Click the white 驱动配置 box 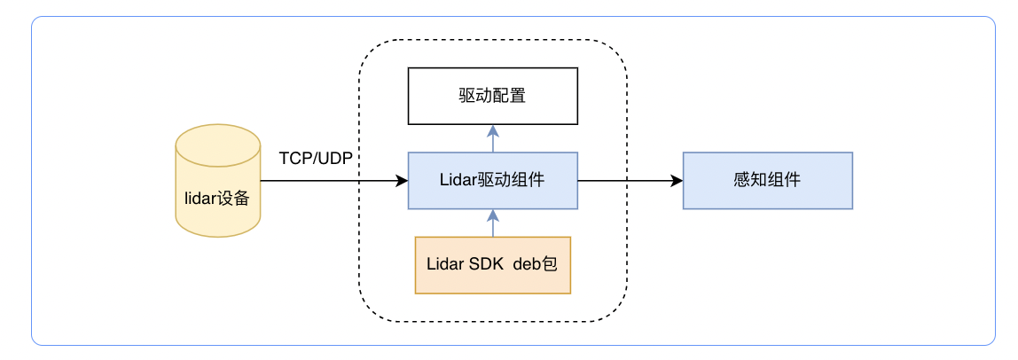[x=492, y=95]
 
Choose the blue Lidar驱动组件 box [x=492, y=180]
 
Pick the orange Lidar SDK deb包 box [x=492, y=264]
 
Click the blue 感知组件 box [x=767, y=180]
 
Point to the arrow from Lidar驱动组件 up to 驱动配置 [x=493, y=138]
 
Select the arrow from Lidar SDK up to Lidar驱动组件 [x=493, y=223]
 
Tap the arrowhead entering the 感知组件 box [x=677, y=180]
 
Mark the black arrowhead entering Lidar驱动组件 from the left [x=402, y=180]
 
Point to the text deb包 [x=535, y=264]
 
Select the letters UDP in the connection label [x=339, y=159]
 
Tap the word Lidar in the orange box [x=445, y=264]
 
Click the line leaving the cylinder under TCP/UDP [x=328, y=180]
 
